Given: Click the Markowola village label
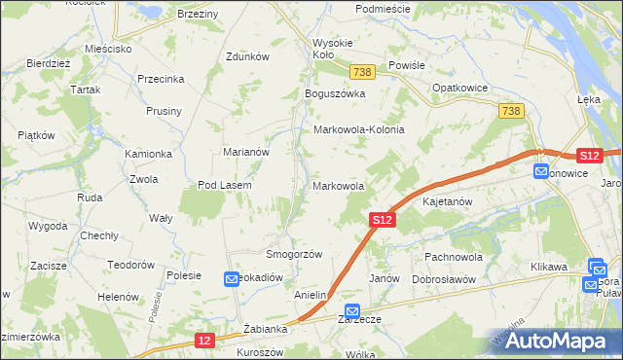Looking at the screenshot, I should pyautogui.click(x=339, y=185).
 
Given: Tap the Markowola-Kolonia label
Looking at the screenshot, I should pyautogui.click(x=358, y=129).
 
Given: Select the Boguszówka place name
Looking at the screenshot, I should pyautogui.click(x=334, y=93).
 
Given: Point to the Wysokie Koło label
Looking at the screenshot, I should pyautogui.click(x=336, y=49).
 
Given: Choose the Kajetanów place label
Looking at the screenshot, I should pyautogui.click(x=447, y=202).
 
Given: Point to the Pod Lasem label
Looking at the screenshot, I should pyautogui.click(x=225, y=185).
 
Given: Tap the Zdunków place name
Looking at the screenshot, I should pyautogui.click(x=246, y=56).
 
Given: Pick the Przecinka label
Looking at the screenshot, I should pyautogui.click(x=162, y=80).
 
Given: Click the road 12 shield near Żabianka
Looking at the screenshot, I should pyautogui.click(x=202, y=340).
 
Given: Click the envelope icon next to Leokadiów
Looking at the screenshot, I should pyautogui.click(x=232, y=279).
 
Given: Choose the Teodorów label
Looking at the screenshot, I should pyautogui.click(x=131, y=265).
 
